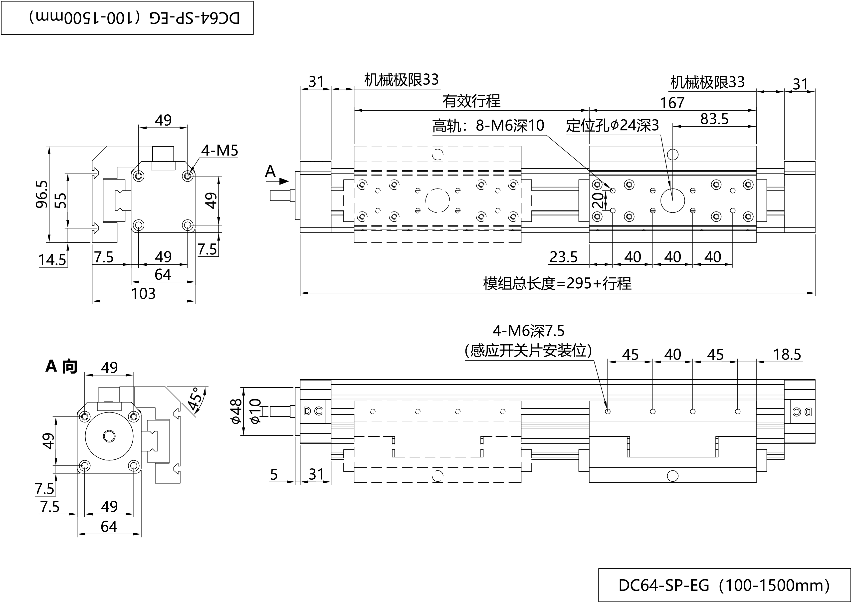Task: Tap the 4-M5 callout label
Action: (219, 150)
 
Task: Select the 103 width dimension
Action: (143, 294)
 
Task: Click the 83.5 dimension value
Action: (714, 119)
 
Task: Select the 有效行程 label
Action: (471, 101)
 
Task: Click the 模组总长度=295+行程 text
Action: (557, 284)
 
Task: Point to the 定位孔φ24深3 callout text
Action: (612, 126)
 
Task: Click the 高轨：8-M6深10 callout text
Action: (488, 126)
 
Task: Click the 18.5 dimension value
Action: (787, 355)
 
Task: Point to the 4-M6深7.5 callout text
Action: (528, 330)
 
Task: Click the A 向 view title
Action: (61, 367)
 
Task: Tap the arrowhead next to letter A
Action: (284, 181)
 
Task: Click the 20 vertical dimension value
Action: (598, 200)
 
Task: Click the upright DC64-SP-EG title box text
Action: (724, 585)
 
